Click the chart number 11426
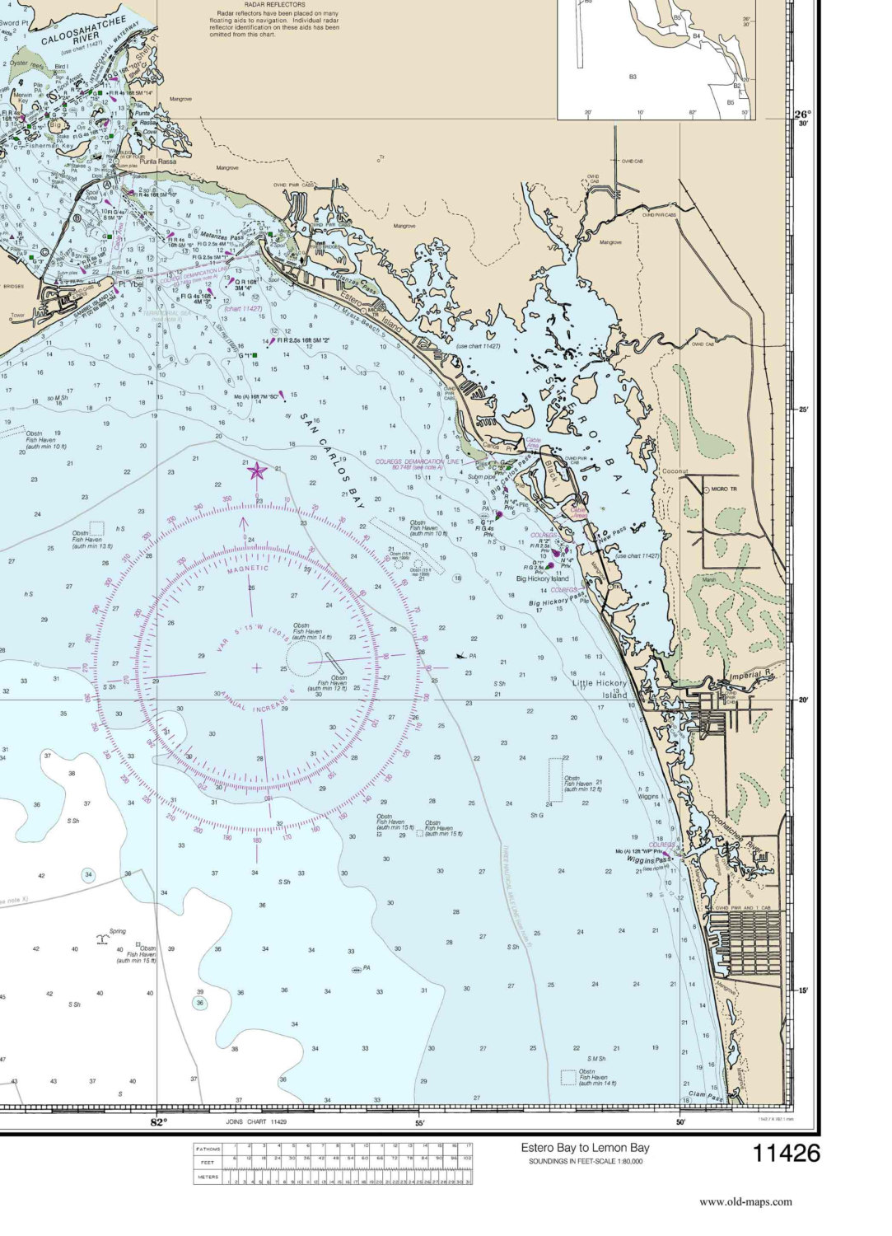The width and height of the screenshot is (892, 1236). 787,1152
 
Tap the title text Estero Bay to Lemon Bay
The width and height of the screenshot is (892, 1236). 585,1148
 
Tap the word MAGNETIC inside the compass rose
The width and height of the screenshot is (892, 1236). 248,568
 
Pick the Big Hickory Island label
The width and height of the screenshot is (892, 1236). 542,578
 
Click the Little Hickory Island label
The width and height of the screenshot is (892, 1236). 600,689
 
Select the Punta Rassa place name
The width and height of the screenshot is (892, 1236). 158,162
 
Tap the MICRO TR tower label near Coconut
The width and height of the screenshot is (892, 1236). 726,490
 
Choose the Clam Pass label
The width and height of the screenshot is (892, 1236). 705,1097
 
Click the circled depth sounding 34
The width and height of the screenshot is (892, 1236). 88,874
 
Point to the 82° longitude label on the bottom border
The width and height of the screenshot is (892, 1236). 158,1122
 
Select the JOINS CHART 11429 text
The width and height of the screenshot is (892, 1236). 256,1122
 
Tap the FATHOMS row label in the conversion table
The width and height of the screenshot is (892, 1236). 208,1148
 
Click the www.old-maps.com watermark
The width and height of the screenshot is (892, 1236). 745,1201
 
